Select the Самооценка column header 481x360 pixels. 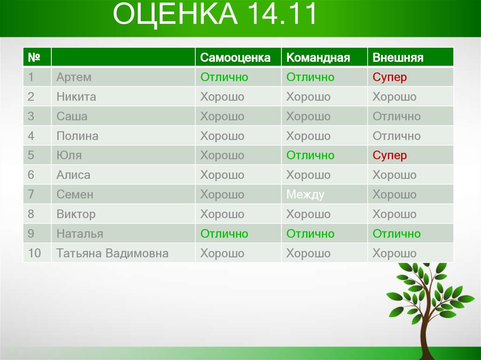tap(235, 58)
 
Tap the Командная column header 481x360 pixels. tap(318, 58)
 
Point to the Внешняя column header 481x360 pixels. tap(398, 58)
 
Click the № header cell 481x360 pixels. tap(33, 58)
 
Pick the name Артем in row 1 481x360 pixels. tap(74, 77)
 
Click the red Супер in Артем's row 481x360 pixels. tap(389, 77)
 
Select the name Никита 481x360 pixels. tap(76, 97)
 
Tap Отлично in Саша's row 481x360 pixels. tap(396, 116)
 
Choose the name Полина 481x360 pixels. tap(77, 136)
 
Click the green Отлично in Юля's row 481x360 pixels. tap(310, 155)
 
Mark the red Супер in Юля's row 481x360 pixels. tap(389, 155)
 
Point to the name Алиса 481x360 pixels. tap(73, 175)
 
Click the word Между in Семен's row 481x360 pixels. tap(305, 195)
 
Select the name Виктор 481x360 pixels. tap(76, 214)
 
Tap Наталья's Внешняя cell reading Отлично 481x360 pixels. tap(396, 234)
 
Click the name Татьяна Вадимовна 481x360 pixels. tap(112, 253)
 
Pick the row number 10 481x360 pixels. tap(34, 253)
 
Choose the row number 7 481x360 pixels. tap(31, 195)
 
